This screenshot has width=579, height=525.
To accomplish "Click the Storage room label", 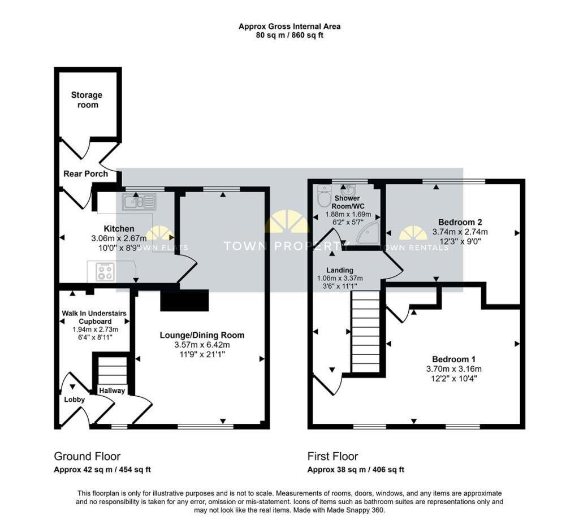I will [x=87, y=100].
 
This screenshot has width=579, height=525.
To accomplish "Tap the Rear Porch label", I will [x=85, y=174].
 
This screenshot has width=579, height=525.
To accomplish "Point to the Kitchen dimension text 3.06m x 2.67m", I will [x=118, y=238].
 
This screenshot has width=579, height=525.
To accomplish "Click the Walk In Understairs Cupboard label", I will [x=94, y=317].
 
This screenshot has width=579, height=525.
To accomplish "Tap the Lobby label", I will [x=74, y=400].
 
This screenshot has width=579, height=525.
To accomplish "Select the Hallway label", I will [x=112, y=391].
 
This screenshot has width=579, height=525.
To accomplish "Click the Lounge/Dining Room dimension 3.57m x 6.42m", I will [x=202, y=345].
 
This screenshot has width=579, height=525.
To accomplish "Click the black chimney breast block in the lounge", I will [x=185, y=300].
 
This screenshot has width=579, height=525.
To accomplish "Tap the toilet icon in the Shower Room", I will [x=325, y=197].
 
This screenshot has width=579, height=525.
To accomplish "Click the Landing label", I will [x=340, y=270].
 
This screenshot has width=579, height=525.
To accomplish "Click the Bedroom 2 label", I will [x=460, y=222].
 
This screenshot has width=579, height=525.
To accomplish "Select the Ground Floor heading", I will [x=87, y=456].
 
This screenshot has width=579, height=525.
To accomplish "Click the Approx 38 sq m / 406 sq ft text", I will [x=356, y=470].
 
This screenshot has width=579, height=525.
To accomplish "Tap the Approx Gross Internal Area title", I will [x=289, y=26].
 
